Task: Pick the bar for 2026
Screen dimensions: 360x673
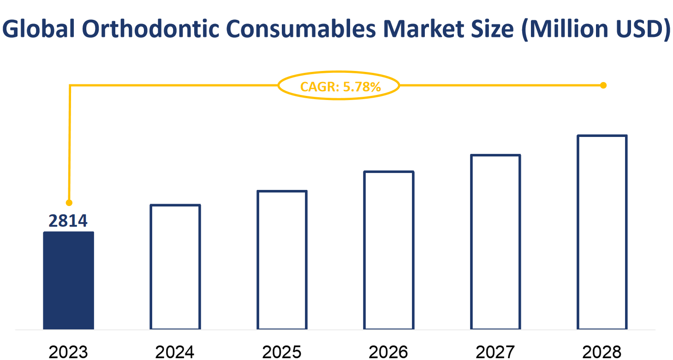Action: pyautogui.click(x=389, y=250)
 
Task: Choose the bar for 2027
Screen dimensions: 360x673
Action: pyautogui.click(x=495, y=242)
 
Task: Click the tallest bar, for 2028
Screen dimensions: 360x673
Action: pyautogui.click(x=602, y=232)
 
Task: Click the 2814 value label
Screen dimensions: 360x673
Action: pyautogui.click(x=68, y=221)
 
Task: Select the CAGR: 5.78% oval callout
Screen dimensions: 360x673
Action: pyautogui.click(x=339, y=86)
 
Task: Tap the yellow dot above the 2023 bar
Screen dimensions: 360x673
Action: pyautogui.click(x=69, y=202)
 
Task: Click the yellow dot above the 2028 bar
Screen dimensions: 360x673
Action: pyautogui.click(x=603, y=85)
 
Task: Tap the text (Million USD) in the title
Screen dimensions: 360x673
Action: pyautogui.click(x=595, y=29)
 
